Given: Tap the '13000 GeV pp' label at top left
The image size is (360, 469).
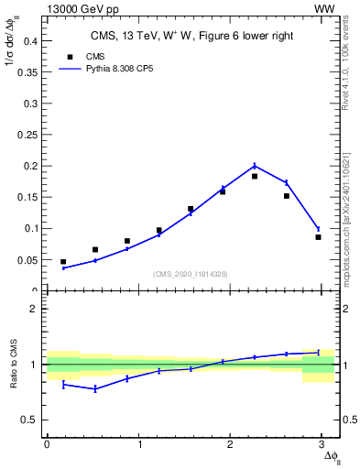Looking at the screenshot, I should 55,7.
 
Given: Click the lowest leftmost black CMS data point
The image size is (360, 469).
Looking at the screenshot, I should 63,262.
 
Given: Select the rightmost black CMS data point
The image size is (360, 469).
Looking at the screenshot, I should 318,237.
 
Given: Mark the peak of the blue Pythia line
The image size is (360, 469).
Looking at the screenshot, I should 255,166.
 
